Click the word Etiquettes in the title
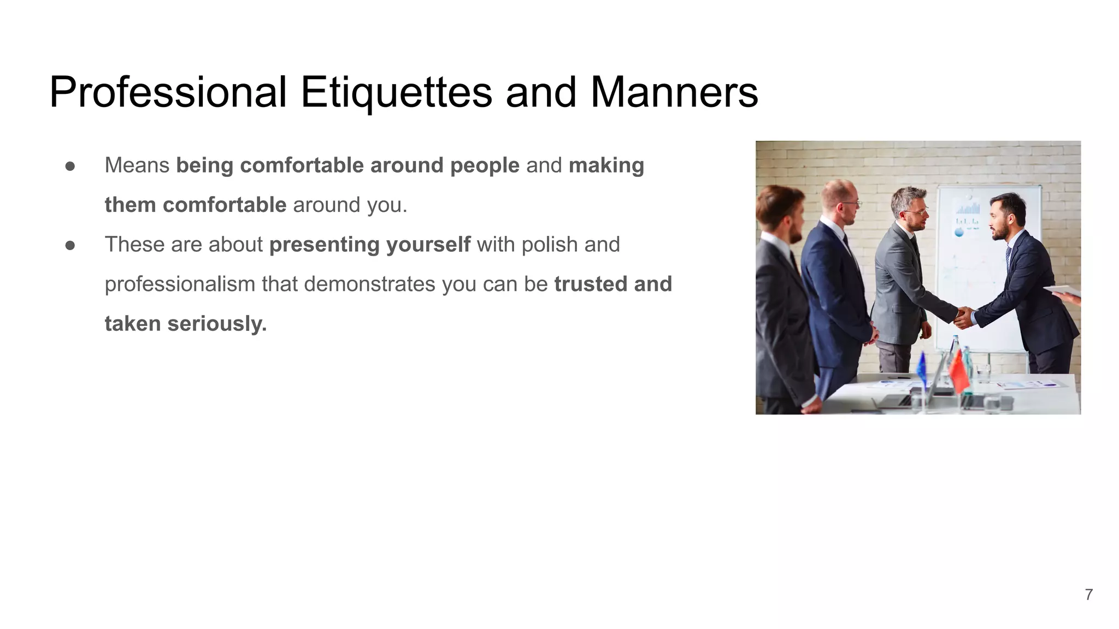tap(396, 93)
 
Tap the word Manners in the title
tap(674, 93)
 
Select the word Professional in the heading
tap(168, 93)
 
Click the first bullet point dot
tap(70, 166)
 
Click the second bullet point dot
tap(70, 245)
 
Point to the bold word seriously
tap(217, 324)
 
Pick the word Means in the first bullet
tap(137, 165)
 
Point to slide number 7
tap(1088, 595)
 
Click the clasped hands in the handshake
tap(963, 317)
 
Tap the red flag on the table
tap(958, 371)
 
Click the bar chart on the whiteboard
tap(968, 208)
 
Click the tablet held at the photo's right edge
tap(1061, 290)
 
